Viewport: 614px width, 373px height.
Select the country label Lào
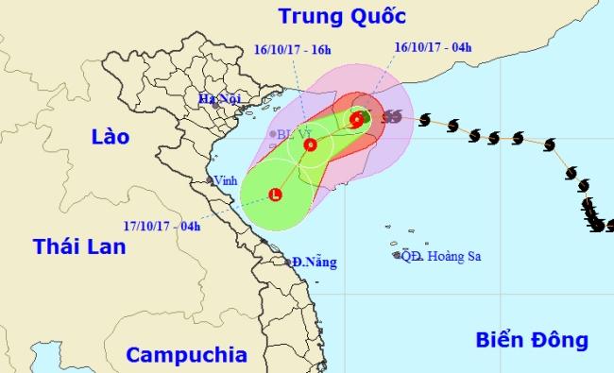tap(109, 138)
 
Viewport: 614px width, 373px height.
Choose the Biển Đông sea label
tap(532, 340)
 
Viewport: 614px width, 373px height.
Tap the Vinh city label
tap(226, 179)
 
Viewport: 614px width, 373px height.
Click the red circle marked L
tap(275, 195)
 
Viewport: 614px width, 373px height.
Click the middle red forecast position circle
tap(311, 144)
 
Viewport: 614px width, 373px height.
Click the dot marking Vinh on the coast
tap(211, 179)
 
